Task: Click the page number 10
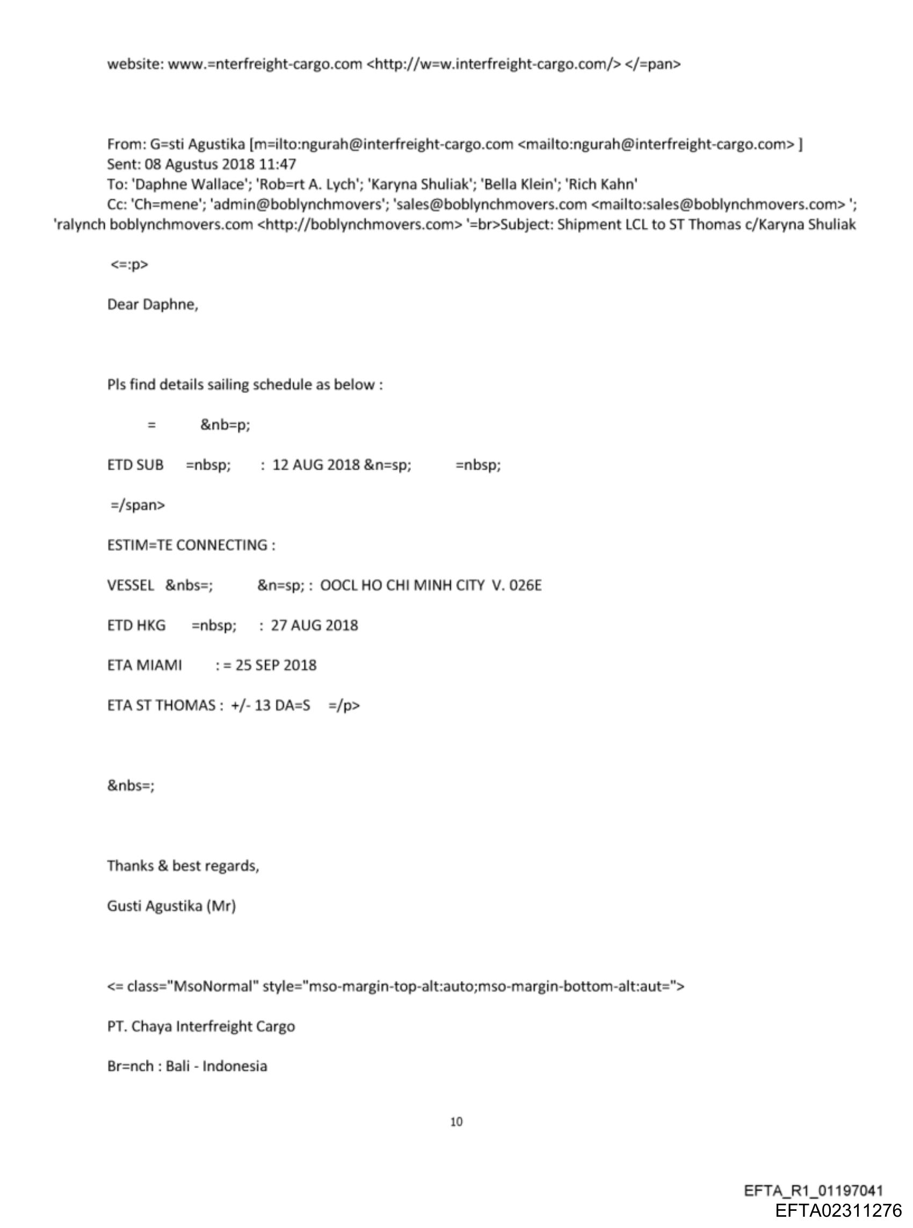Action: pos(456,1121)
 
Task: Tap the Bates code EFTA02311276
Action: pos(838,1210)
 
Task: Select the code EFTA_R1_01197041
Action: pos(814,1190)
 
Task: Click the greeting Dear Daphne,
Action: pos(153,305)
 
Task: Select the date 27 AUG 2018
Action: pos(314,625)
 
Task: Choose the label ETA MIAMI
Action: pos(144,665)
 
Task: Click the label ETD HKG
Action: pos(136,625)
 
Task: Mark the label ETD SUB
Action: pos(135,465)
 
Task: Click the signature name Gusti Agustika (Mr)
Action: pos(171,906)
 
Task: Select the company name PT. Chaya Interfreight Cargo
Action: pos(201,1026)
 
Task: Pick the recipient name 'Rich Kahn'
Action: pos(602,184)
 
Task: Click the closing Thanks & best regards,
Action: pos(183,865)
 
